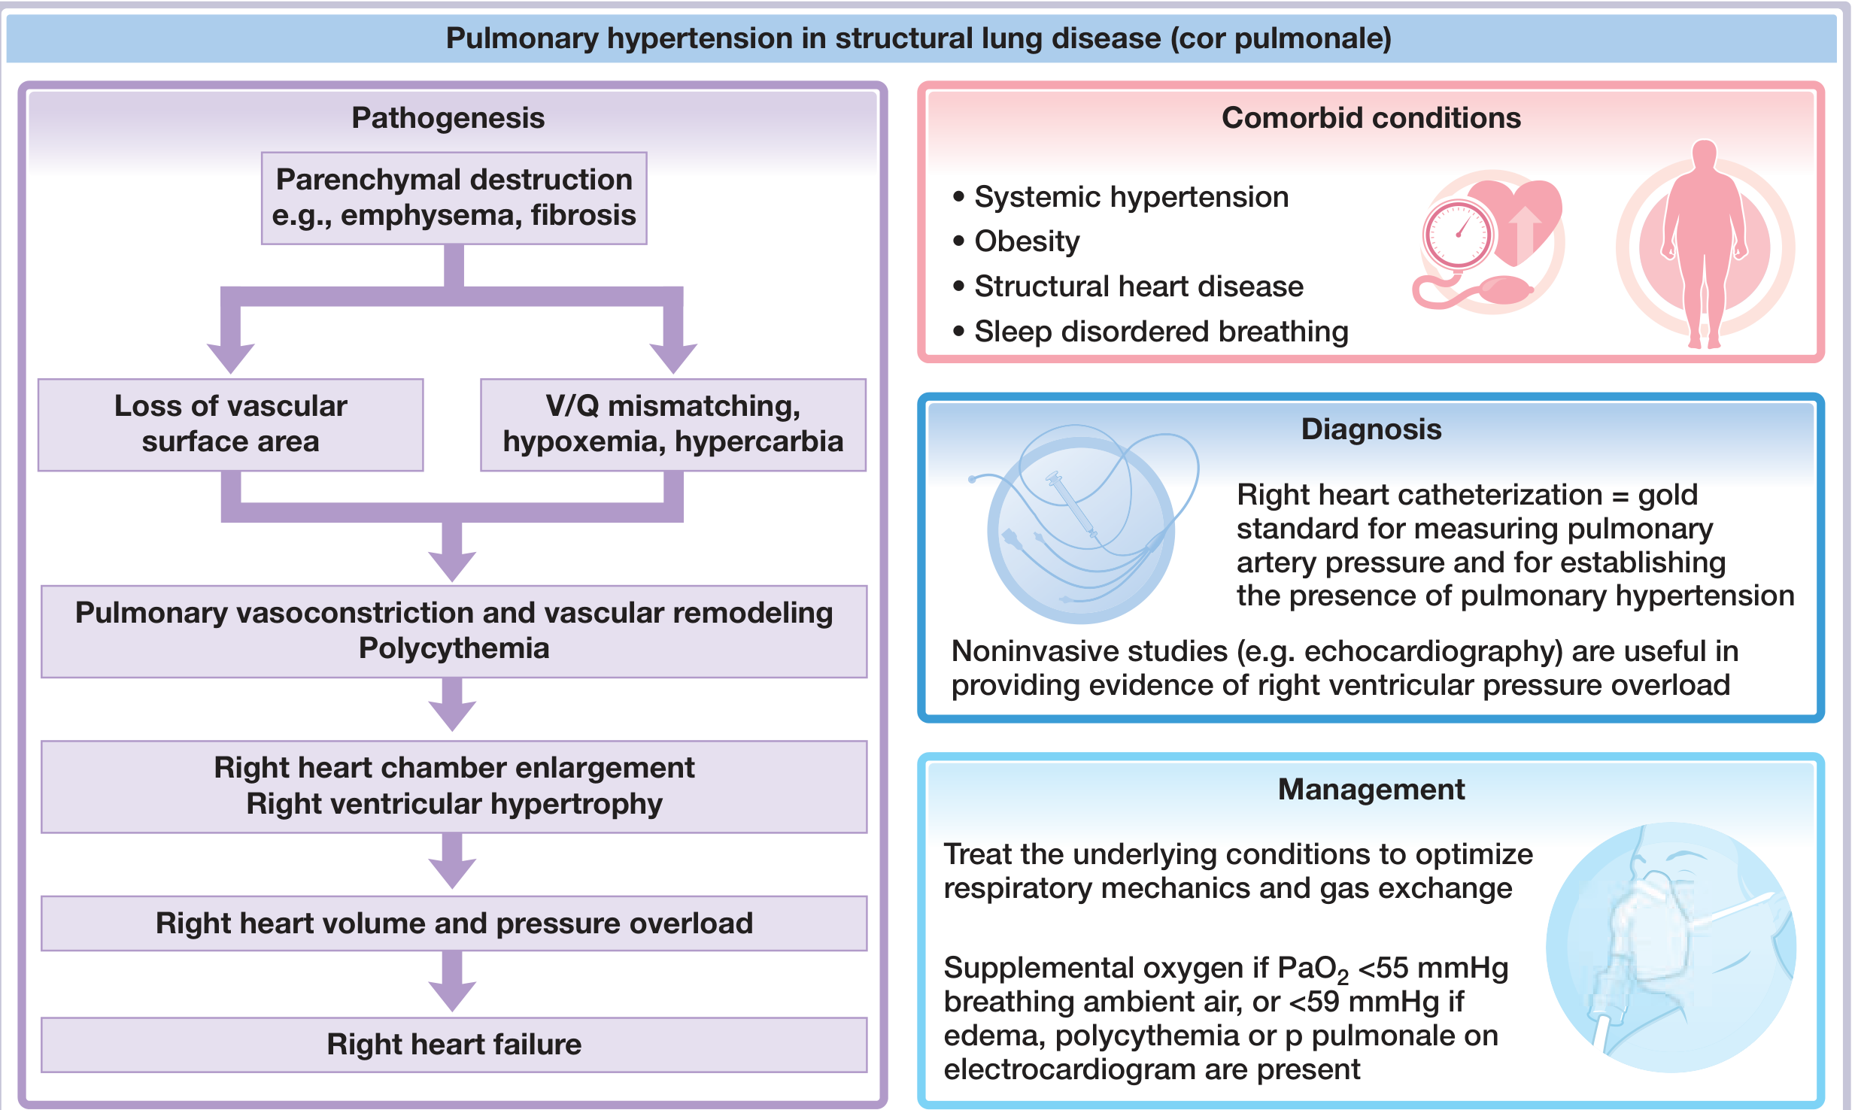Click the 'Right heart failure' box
[454, 1045]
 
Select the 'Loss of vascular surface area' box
[230, 424]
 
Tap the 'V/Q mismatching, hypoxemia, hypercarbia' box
[672, 424]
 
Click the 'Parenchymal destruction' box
[454, 198]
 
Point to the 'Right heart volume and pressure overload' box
[454, 923]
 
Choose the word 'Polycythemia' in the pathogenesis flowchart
[454, 648]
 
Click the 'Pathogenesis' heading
[448, 118]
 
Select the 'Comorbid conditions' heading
[1371, 118]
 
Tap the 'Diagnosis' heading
[1371, 429]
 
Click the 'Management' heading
[1371, 790]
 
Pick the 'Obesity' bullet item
[1027, 241]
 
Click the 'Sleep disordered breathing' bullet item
[1161, 332]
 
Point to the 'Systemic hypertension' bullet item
[1131, 197]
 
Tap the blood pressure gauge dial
[1457, 235]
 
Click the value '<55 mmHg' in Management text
[1433, 969]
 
